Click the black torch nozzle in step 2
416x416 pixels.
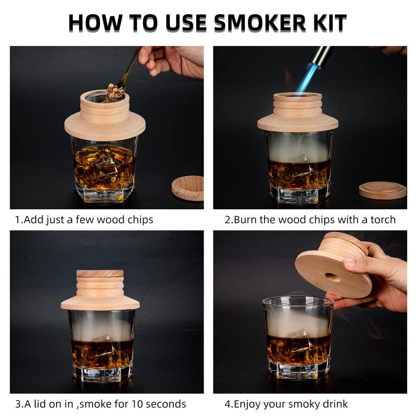coord(321,56)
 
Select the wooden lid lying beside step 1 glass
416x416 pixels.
coord(188,188)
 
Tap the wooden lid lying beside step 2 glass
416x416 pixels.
coord(382,190)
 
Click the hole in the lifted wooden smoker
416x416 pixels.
coord(333,277)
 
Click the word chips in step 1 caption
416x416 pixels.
coord(139,220)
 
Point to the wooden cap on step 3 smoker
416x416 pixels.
coord(100,274)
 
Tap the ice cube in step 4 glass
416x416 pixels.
coord(299,334)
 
